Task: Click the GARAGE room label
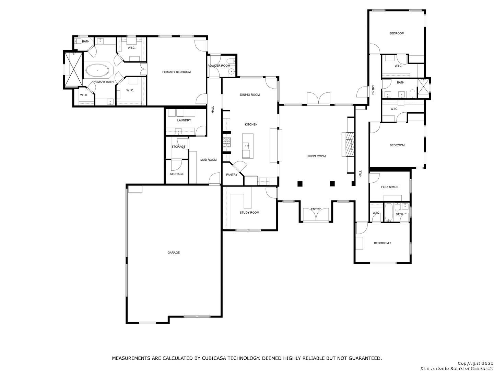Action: [x=174, y=253]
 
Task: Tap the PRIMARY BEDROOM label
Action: [x=176, y=72]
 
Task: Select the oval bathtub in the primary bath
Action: [x=97, y=70]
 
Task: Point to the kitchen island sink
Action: [x=246, y=146]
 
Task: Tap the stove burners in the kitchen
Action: [x=227, y=143]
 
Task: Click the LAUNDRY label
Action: [x=184, y=121]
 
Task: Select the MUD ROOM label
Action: [x=208, y=160]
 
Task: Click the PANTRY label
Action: [x=232, y=175]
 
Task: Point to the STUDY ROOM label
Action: [x=249, y=213]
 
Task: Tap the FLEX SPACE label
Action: [x=390, y=187]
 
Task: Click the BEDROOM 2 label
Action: [x=383, y=243]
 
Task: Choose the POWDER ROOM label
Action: [x=219, y=66]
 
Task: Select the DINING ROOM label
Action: [x=250, y=95]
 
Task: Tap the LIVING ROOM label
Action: [x=316, y=156]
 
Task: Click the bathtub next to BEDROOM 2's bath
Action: [x=389, y=212]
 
